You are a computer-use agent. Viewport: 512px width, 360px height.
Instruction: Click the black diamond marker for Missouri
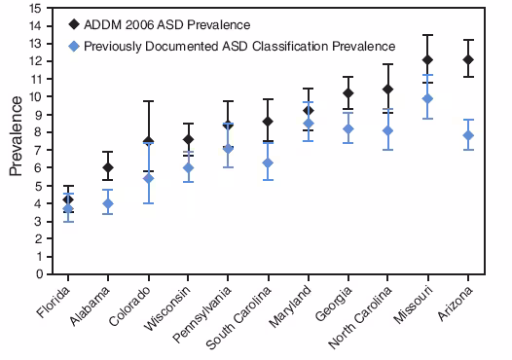(x=427, y=60)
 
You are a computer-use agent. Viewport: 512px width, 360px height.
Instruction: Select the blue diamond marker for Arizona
(x=468, y=135)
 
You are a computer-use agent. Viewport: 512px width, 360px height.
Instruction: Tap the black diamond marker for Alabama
(x=108, y=167)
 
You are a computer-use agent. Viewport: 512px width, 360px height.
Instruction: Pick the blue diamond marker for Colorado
(x=148, y=178)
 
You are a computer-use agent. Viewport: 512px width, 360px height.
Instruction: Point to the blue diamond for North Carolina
(x=388, y=130)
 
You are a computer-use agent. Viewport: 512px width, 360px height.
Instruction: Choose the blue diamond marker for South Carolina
(x=268, y=162)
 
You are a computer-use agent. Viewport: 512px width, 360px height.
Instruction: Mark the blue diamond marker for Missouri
(x=427, y=99)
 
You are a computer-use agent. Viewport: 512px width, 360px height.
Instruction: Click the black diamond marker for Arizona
(x=468, y=60)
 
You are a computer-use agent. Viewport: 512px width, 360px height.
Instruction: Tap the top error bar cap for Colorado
(x=148, y=101)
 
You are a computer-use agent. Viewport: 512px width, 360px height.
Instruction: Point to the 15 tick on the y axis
(x=35, y=9)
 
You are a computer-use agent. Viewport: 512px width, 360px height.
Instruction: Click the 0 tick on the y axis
(x=38, y=274)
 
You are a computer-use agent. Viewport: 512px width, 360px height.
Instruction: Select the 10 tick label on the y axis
(x=35, y=97)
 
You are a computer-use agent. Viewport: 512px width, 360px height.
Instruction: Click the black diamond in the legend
(x=74, y=23)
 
